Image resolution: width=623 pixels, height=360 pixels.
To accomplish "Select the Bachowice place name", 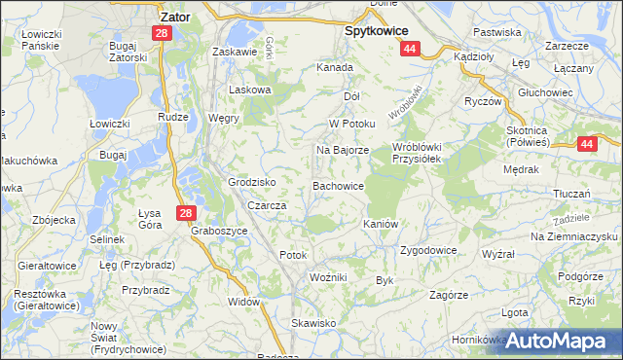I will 338,185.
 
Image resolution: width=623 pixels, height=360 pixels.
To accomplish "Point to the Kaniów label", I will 381,224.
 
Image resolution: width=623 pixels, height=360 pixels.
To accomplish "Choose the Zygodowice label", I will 428,250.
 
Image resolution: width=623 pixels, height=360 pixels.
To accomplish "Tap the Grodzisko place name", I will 252,182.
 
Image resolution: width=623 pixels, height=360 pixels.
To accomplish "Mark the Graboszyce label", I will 220,232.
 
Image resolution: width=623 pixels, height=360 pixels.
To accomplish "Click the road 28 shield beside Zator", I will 161,33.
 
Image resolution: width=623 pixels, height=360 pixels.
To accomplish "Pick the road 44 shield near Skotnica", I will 586,144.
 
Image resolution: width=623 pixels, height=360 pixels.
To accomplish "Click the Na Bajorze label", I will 342,151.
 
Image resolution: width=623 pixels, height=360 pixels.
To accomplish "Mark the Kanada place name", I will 334,68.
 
